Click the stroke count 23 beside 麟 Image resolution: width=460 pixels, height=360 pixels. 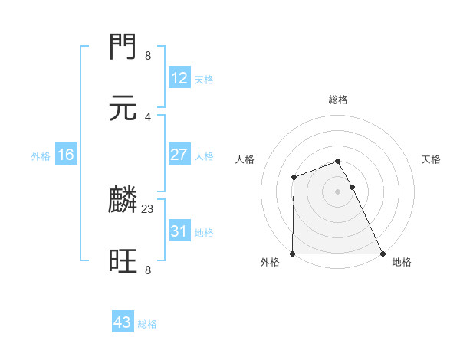148,208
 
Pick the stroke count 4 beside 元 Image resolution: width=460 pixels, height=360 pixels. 148,116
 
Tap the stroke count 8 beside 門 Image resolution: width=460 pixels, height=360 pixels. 148,56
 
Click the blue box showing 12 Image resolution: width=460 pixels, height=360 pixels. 179,78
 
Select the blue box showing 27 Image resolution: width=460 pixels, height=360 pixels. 179,155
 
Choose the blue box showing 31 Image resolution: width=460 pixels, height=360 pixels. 179,231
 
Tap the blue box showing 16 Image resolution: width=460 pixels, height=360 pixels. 66,155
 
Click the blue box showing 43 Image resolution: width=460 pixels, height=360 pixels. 123,322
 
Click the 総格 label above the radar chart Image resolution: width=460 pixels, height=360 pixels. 338,100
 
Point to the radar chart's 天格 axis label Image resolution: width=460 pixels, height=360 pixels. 432,159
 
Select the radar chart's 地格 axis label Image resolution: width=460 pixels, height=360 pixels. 402,263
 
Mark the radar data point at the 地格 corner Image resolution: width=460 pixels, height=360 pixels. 382,254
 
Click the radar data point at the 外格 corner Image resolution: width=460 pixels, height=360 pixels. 293,254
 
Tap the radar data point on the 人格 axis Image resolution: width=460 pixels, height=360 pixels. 294,178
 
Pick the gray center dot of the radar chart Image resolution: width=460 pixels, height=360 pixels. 338,191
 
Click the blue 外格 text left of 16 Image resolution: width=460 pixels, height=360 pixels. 41,155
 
